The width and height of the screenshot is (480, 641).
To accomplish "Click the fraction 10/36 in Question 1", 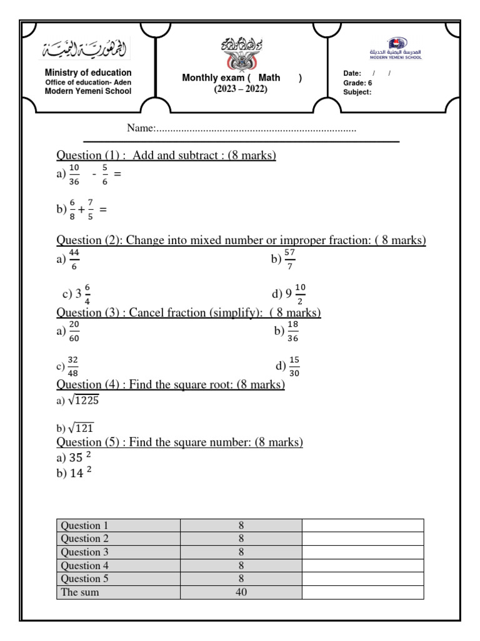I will point(74,175).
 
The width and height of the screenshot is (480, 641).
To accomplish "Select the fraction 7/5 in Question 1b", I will point(91,210).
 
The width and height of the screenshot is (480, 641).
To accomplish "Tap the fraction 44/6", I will point(74,259).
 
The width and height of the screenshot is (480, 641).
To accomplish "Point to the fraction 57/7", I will point(289,259).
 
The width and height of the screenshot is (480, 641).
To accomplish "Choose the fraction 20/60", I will point(74,332).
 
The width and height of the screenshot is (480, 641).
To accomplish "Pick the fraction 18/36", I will point(292,332).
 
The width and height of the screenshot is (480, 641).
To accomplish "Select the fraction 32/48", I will point(72,367).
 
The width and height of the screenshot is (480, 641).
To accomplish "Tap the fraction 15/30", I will point(294,366).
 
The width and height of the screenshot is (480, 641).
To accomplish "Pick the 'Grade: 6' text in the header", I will point(357,83).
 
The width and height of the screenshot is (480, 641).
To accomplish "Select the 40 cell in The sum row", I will point(241,592).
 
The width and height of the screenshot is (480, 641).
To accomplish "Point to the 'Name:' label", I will point(141,128).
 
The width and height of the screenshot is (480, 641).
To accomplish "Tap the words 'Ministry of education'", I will point(88,73).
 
